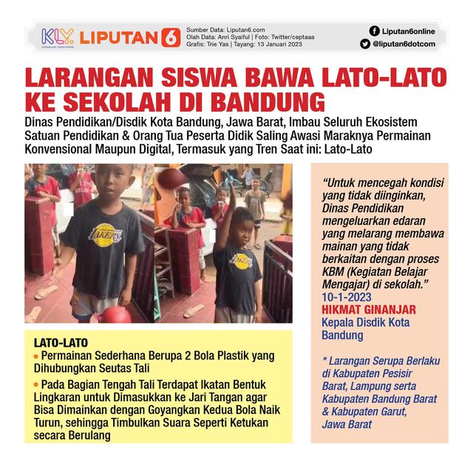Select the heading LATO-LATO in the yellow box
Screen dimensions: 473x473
click(x=61, y=343)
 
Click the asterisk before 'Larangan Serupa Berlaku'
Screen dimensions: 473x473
click(x=324, y=361)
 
